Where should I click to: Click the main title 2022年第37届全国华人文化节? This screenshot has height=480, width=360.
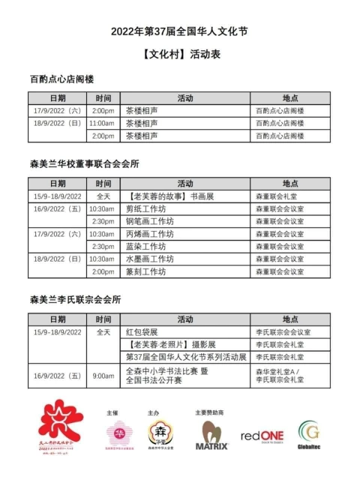click(180, 31)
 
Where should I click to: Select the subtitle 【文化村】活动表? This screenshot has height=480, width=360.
click(180, 55)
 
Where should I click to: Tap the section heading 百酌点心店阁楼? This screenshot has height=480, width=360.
click(61, 79)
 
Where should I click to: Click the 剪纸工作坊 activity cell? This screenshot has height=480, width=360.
click(145, 208)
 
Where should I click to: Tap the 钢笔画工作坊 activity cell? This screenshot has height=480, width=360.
click(149, 221)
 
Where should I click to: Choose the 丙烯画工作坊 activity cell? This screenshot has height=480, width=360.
click(149, 234)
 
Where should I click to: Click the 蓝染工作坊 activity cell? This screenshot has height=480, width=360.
click(145, 246)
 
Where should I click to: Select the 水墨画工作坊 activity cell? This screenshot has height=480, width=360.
click(149, 259)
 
